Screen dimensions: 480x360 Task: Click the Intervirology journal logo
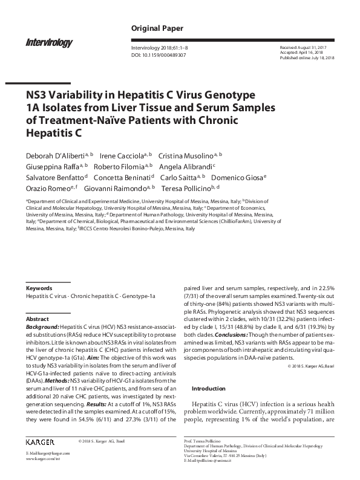(x=49, y=42)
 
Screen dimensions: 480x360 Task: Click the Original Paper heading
(x=157, y=28)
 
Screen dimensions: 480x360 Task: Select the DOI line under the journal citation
(x=159, y=54)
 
